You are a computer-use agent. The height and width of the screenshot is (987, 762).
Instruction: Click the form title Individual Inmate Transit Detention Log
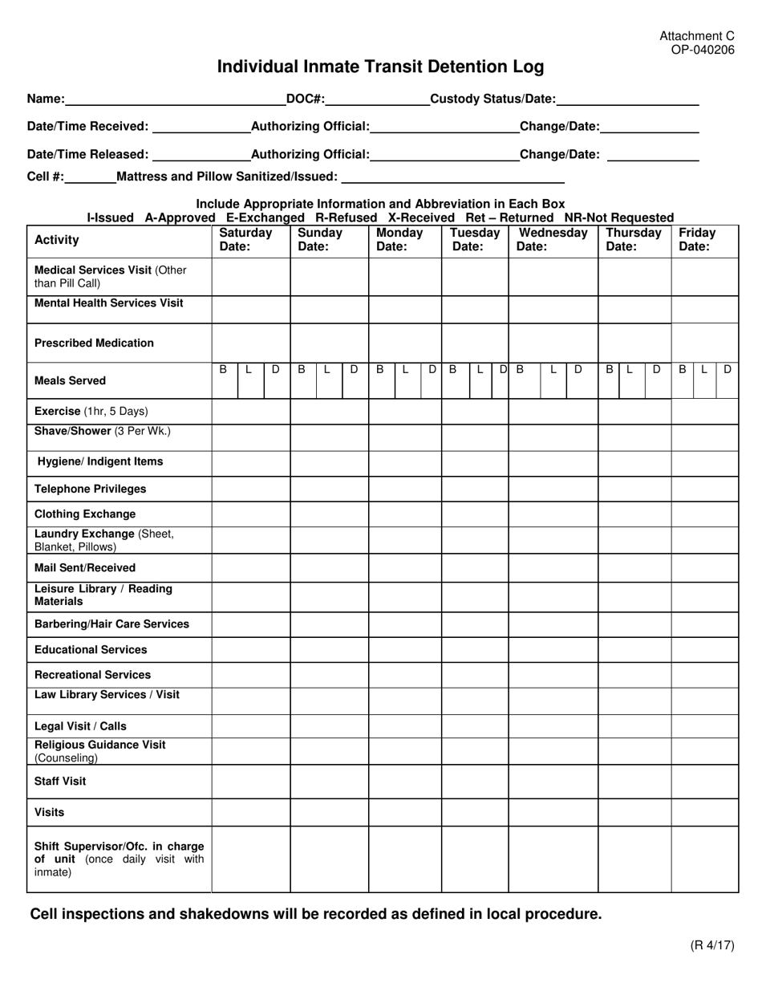380,67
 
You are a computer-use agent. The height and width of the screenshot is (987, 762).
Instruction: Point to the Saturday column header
246,239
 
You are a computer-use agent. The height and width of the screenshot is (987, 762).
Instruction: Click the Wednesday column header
553,239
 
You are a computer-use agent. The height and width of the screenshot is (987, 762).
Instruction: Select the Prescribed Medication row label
94,343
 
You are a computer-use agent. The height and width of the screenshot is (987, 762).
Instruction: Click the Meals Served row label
70,380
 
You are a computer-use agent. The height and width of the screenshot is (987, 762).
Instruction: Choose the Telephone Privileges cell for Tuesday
475,489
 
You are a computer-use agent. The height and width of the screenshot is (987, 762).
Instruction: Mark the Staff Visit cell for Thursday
634,782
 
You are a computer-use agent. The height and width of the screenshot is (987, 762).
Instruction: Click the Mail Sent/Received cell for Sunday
329,568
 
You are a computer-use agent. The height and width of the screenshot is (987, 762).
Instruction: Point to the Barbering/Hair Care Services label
111,624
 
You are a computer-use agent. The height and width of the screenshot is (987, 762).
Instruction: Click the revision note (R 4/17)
711,944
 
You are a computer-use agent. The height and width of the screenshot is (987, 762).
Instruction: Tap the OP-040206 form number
703,50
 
